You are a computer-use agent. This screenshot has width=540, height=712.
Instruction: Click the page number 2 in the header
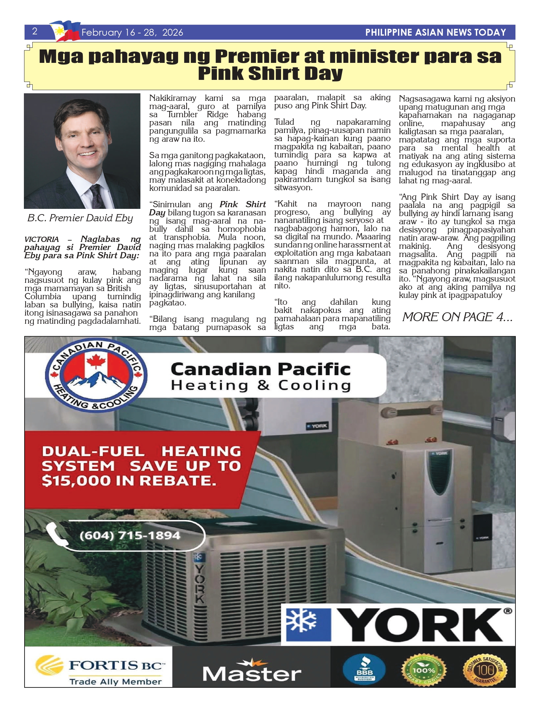(35, 31)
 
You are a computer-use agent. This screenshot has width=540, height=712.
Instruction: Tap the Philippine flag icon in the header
(65, 31)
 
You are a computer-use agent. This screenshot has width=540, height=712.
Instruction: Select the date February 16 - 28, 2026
(132, 32)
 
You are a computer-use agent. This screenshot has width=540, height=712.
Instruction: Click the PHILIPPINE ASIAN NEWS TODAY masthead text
(435, 32)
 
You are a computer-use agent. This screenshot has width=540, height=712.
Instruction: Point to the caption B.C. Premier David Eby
(80, 218)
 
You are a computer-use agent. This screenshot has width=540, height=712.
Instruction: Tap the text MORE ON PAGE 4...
(457, 317)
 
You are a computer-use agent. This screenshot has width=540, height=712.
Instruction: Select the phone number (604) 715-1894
(130, 536)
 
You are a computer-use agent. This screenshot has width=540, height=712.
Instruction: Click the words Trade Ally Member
(116, 682)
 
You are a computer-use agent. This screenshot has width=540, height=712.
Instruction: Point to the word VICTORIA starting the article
(42, 239)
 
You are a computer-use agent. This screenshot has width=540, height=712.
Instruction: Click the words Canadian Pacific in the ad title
(260, 369)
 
